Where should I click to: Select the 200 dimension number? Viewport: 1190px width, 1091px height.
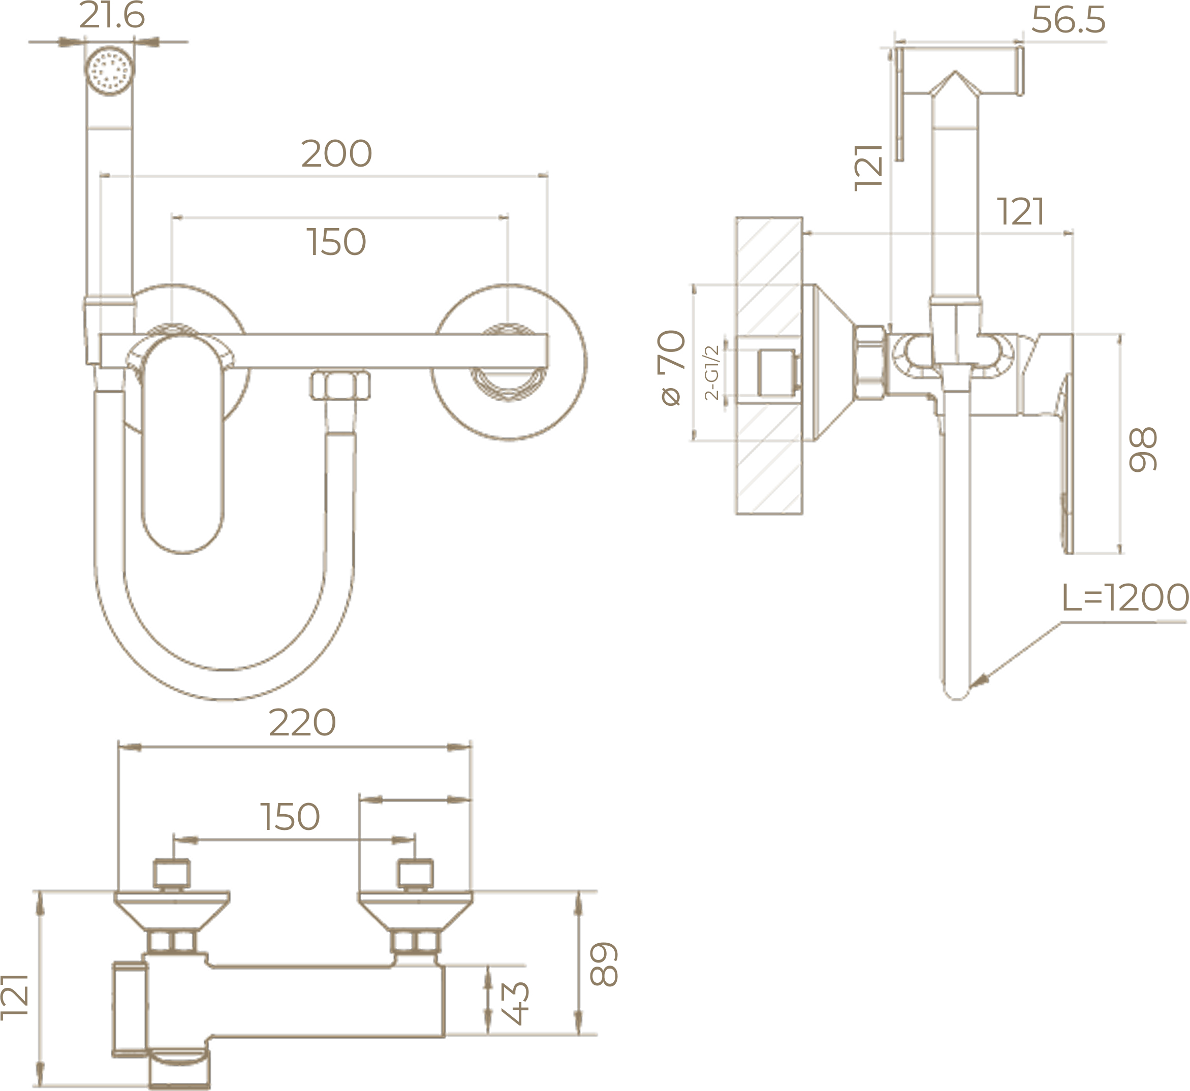(337, 154)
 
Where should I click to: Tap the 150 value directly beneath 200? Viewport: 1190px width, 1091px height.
(337, 242)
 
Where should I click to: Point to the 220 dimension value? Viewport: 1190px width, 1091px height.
(302, 723)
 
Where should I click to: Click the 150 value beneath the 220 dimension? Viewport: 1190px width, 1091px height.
(290, 817)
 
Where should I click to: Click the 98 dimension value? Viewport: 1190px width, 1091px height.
(1143, 450)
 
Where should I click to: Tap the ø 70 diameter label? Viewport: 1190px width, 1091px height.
(673, 368)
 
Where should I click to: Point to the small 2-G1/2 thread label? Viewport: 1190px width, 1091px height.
(712, 372)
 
